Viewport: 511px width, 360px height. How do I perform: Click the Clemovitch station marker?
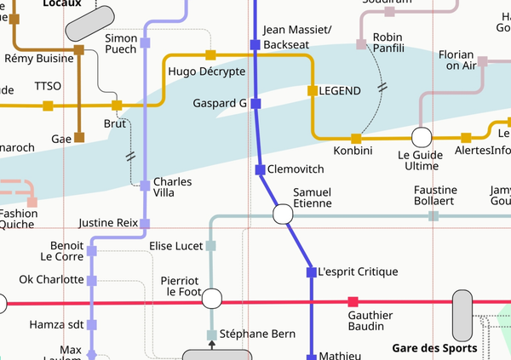click(261, 169)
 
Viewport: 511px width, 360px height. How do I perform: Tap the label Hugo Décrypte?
click(207, 71)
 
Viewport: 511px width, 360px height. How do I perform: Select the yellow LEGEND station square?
click(313, 90)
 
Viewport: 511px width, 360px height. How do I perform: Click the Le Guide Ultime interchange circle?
click(421, 137)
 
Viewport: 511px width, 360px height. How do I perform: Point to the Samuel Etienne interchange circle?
click(283, 214)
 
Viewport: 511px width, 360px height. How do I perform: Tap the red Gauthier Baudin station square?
click(353, 302)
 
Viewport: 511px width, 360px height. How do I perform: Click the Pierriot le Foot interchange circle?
click(211, 298)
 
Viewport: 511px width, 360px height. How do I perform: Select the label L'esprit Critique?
click(358, 272)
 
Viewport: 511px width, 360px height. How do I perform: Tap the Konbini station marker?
click(356, 138)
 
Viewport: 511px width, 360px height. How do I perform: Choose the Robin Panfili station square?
click(361, 43)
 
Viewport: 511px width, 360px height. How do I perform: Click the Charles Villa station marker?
click(145, 184)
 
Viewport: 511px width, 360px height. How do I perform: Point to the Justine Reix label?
click(107, 223)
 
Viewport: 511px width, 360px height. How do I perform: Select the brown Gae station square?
click(79, 137)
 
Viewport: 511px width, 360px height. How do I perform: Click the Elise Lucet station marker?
click(211, 246)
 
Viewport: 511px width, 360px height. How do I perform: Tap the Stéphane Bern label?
click(258, 334)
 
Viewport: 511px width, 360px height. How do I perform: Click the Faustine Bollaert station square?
click(433, 216)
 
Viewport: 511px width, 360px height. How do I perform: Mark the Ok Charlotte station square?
click(92, 280)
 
